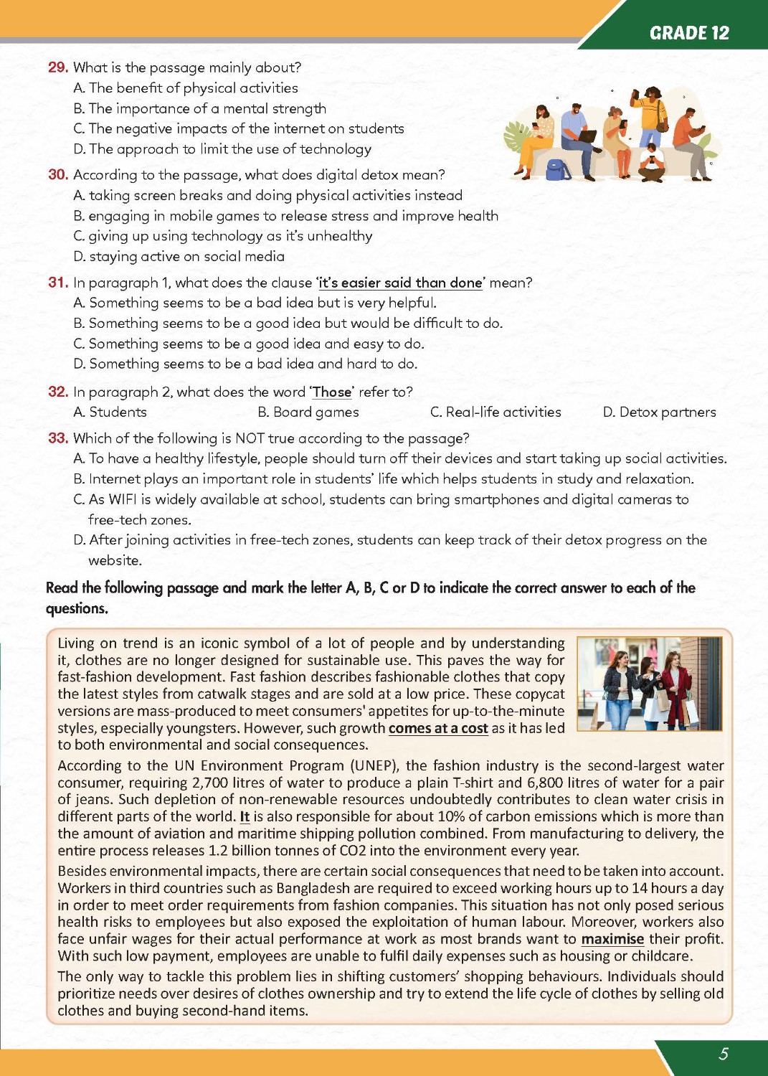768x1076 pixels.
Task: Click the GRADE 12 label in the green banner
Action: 688,33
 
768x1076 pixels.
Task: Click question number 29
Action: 57,67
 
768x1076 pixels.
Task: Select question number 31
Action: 57,283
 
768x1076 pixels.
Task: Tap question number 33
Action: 57,438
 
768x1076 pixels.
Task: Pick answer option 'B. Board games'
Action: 308,412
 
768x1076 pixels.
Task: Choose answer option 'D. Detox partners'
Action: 659,412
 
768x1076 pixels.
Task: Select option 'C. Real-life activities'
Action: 496,412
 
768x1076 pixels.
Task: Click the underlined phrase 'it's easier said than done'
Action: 400,283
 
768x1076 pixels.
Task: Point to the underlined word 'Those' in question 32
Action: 332,392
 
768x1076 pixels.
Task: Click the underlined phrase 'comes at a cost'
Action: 438,729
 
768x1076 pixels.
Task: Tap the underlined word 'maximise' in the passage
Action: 612,940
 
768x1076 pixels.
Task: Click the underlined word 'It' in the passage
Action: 245,817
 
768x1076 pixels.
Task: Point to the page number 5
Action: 724,1054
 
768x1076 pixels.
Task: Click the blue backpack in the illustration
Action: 558,169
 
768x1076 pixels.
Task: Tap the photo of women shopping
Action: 649,684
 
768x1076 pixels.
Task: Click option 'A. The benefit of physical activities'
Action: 186,88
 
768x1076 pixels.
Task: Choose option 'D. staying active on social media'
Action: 179,257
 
